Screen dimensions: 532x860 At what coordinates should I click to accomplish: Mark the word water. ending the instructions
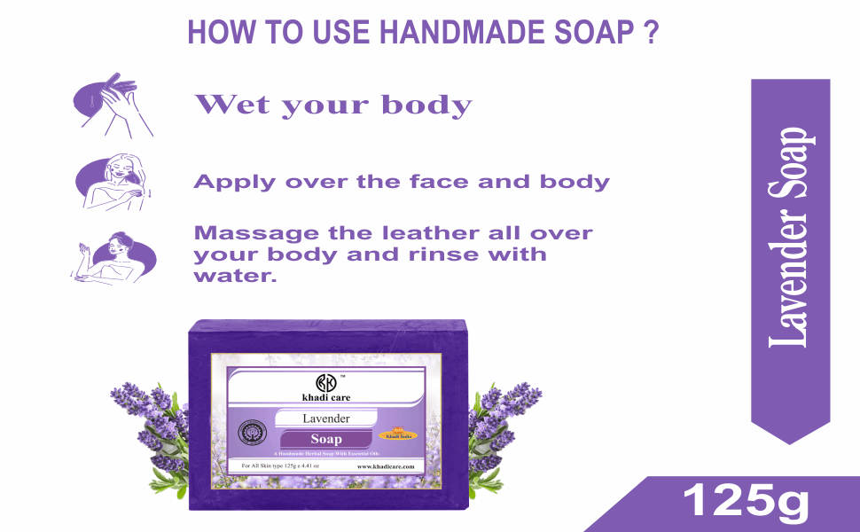tap(235, 276)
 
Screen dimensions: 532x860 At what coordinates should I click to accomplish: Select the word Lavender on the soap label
tap(326, 418)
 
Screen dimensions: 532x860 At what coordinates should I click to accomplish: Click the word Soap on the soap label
tap(326, 439)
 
